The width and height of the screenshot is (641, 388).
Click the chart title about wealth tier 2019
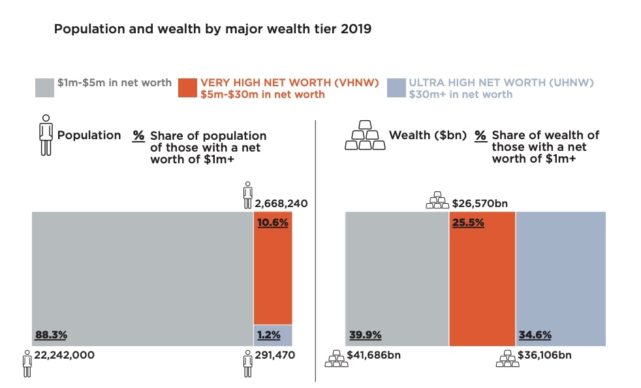212,29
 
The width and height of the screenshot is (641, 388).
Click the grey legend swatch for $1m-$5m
44,88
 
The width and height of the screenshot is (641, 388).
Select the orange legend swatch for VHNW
187,88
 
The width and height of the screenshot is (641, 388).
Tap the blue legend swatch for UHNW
396,88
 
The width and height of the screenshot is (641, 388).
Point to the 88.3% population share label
51,335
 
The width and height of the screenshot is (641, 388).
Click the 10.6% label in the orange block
273,222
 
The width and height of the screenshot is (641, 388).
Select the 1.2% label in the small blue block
268,335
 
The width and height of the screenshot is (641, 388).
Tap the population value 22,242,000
64,355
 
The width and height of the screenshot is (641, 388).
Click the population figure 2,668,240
281,203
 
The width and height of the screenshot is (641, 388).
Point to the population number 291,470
275,355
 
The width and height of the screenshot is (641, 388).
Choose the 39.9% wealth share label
366,335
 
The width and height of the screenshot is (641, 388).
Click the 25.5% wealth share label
468,222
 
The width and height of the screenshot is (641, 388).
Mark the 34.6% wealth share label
535,335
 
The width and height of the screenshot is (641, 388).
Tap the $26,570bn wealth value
480,203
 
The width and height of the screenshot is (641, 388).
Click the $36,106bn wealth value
544,355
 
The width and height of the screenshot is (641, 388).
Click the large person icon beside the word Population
46,135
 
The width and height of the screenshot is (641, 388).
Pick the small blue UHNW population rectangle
273,334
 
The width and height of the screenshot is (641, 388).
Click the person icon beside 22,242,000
27,363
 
